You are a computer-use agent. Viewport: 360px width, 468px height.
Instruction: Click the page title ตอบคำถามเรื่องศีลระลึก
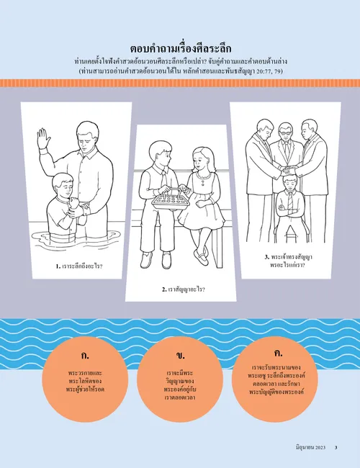pyautogui.click(x=179, y=49)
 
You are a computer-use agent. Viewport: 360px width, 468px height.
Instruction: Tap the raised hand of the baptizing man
pyautogui.click(x=44, y=140)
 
